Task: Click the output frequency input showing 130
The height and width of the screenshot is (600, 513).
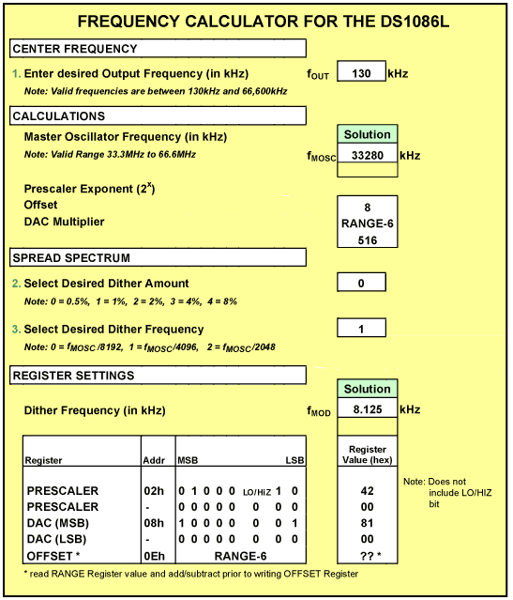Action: click(x=359, y=73)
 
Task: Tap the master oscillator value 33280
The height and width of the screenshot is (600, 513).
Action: click(x=367, y=156)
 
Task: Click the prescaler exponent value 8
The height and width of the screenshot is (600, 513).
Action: click(x=367, y=206)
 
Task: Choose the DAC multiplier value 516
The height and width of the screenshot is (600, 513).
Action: click(x=367, y=241)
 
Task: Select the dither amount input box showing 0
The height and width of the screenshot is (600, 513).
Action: click(x=359, y=283)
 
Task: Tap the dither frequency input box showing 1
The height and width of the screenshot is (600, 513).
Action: click(x=359, y=328)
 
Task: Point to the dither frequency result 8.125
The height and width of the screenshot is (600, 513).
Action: click(x=367, y=410)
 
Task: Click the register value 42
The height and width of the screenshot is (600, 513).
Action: click(x=367, y=490)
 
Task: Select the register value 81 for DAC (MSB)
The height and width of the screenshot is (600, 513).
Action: click(x=367, y=521)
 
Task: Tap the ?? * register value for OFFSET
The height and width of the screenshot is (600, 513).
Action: click(x=367, y=554)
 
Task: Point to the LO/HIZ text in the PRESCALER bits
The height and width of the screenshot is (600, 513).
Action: click(x=256, y=491)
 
